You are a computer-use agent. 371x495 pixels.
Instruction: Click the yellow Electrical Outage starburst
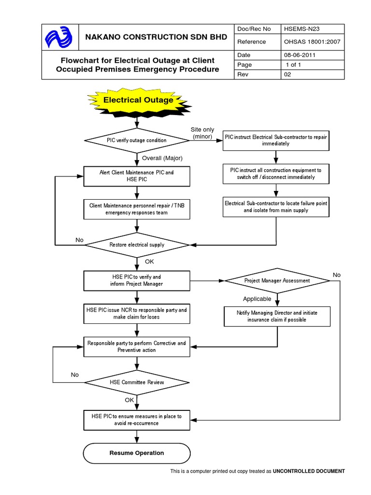coord(138,101)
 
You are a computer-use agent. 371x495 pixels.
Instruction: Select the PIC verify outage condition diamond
coord(137,140)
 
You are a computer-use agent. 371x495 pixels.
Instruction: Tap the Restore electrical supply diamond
coord(137,245)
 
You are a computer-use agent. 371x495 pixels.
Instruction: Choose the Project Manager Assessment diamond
coord(277,280)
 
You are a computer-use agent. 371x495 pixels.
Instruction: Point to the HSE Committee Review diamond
coord(137,382)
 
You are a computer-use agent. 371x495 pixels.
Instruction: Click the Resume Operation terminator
coord(137,453)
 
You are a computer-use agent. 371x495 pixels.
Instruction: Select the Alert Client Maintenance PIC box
coord(137,175)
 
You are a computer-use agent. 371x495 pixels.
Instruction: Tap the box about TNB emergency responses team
coord(137,209)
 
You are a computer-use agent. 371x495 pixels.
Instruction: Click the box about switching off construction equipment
coord(276,174)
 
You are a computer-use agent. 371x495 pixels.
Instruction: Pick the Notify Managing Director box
coord(277,316)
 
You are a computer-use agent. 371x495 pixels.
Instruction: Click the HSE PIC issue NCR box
coord(137,313)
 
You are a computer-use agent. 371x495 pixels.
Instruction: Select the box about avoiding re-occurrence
coord(137,420)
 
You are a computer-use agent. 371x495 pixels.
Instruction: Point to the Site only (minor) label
coord(202,133)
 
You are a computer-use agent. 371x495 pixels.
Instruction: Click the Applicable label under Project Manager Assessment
coord(257,299)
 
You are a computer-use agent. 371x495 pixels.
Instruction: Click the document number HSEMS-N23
coord(302,29)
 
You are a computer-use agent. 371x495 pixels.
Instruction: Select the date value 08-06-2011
coord(300,55)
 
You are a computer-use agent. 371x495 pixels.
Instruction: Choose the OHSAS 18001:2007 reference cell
coord(312,42)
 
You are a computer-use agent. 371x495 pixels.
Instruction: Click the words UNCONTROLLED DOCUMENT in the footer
coord(309,471)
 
